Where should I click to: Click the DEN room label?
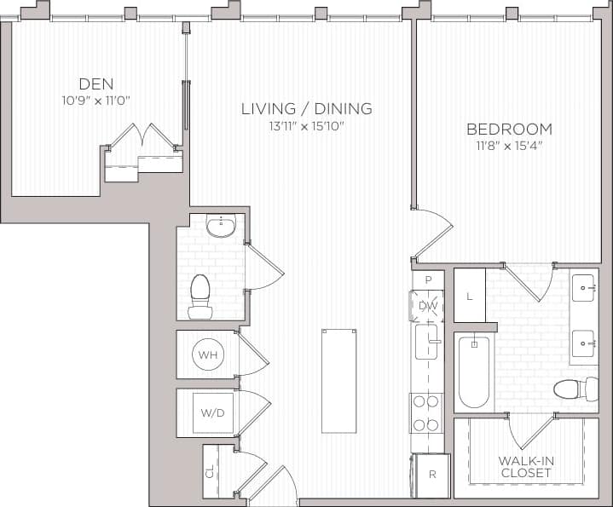[95, 84]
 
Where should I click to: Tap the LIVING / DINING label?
[307, 108]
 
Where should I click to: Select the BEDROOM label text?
[509, 130]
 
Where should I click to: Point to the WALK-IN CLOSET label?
[526, 466]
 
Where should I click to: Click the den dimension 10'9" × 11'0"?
[95, 100]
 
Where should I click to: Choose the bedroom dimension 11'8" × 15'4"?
[509, 146]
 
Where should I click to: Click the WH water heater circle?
[207, 354]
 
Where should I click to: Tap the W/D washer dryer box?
[212, 413]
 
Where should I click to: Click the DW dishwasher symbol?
[427, 306]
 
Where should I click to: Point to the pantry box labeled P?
[428, 279]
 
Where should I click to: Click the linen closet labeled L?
[469, 295]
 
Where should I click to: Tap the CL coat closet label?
[211, 470]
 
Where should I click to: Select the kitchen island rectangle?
[338, 381]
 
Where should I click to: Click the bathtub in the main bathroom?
[473, 372]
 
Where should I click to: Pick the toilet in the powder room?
[200, 293]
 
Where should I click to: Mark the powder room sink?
[220, 227]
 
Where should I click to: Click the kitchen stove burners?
[425, 412]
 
